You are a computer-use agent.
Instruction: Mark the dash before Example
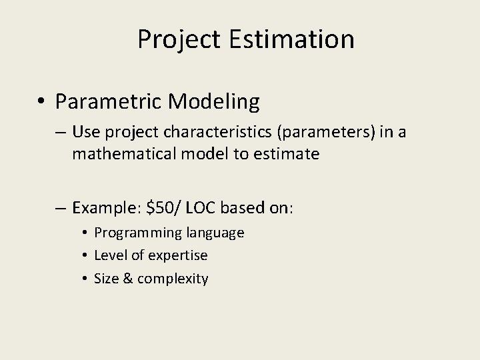tap(61, 208)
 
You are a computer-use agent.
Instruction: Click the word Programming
tap(136, 233)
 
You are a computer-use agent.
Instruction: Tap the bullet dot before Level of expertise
tap(87, 256)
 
